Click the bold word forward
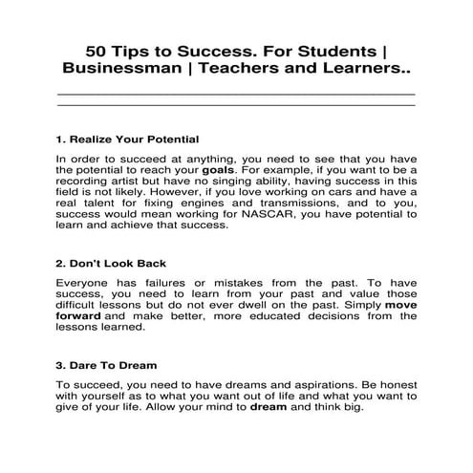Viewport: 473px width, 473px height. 78,314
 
